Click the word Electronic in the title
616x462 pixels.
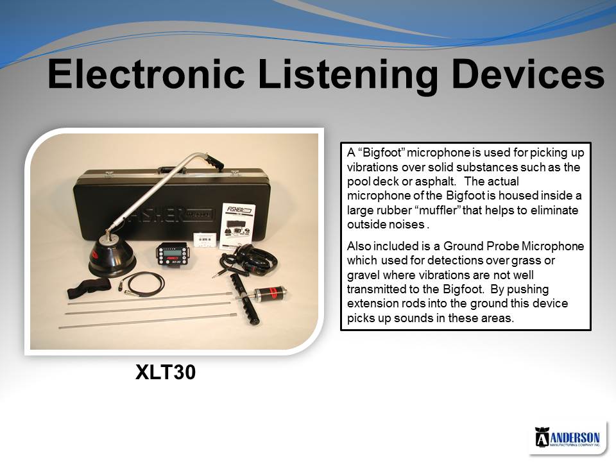point(146,73)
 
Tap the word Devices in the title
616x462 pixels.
point(528,73)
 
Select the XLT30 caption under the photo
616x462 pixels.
point(166,372)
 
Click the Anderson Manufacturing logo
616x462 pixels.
point(567,437)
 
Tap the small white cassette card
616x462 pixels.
point(205,239)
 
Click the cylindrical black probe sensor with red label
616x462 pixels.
point(270,294)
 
